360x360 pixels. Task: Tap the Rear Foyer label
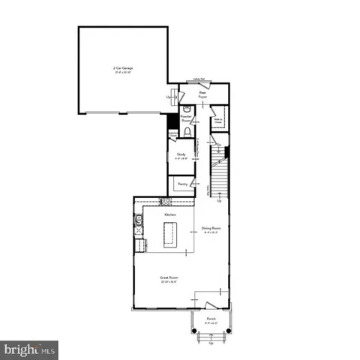coord(202,95)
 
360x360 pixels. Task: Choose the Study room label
coord(181,157)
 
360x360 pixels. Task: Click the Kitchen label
coord(170,215)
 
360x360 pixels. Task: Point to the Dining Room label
coord(211,229)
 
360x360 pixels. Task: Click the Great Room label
coord(168,279)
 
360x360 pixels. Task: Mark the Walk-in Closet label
coord(218,119)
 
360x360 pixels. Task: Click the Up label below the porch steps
coord(211,344)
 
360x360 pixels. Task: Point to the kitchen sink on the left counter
coord(139,220)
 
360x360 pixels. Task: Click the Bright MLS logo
coord(30,350)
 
